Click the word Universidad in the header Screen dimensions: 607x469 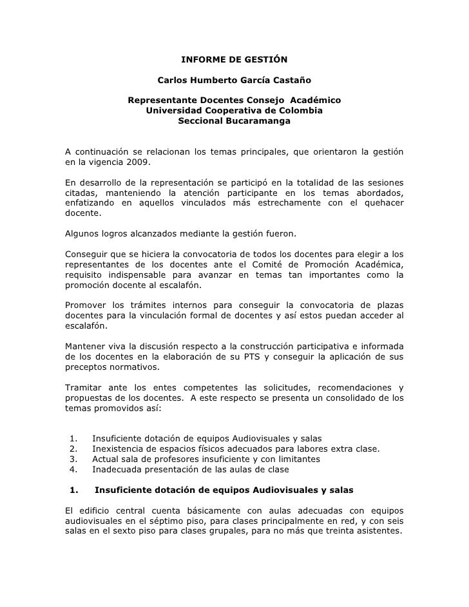tap(176, 111)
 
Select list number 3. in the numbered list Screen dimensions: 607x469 tap(73, 459)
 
